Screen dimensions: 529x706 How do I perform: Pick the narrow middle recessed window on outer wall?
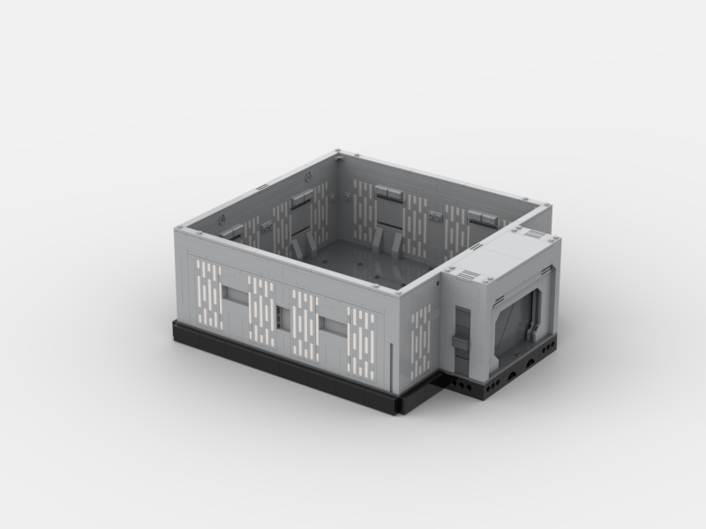coord(282,316)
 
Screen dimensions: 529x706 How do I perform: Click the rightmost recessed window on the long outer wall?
coord(333,327)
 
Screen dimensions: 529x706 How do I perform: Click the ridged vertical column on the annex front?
coord(461,332)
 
